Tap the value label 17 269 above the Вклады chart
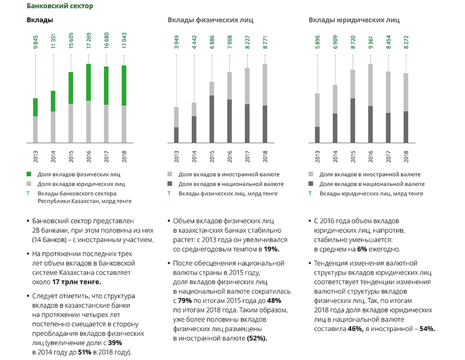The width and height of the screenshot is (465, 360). click(x=89, y=42)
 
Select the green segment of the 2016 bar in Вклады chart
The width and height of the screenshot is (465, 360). click(x=89, y=82)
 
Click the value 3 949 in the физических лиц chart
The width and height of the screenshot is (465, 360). click(x=176, y=42)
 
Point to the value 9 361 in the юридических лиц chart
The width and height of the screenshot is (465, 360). click(x=370, y=42)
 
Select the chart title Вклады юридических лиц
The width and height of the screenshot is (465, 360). click(x=354, y=20)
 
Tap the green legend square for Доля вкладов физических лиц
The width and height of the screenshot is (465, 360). click(x=29, y=174)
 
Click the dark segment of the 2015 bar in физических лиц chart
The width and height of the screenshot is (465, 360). click(x=212, y=119)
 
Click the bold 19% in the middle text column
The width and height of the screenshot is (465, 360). click(x=272, y=249)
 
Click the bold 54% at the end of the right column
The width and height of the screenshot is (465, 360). click(x=427, y=329)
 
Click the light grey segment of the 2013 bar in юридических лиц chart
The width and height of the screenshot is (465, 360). click(x=317, y=110)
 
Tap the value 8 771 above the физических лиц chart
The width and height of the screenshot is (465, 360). click(x=265, y=42)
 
